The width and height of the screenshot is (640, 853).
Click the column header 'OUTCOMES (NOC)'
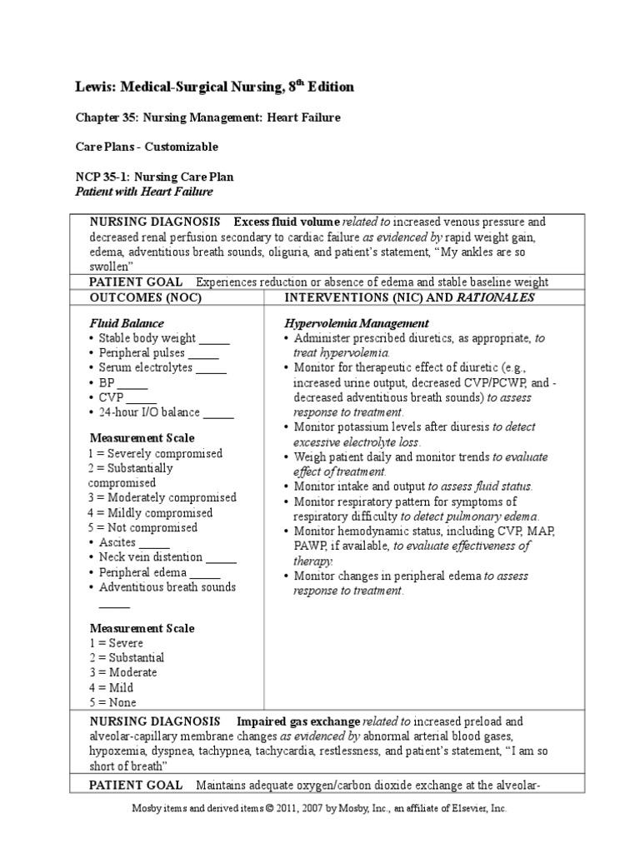click(x=146, y=297)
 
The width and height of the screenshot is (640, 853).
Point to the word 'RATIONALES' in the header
click(x=493, y=297)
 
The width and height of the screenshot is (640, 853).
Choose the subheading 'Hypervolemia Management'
click(x=357, y=323)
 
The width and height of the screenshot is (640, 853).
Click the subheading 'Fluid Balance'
click(x=127, y=323)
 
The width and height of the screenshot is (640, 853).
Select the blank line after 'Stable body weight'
click(x=214, y=339)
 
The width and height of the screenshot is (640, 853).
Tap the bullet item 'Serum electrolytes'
click(x=146, y=368)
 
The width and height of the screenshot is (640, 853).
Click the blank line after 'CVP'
click(x=142, y=398)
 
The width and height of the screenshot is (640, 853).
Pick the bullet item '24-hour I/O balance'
click(x=150, y=413)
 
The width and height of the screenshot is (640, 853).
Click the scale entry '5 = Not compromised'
click(x=143, y=527)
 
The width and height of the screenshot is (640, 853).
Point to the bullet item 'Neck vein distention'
click(x=150, y=557)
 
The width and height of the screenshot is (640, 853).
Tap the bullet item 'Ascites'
click(x=117, y=542)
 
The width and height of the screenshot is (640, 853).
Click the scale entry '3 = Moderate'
click(x=122, y=672)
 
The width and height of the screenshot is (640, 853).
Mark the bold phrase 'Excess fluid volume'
click(x=287, y=222)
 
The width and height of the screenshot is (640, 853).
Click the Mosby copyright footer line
click(x=320, y=808)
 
